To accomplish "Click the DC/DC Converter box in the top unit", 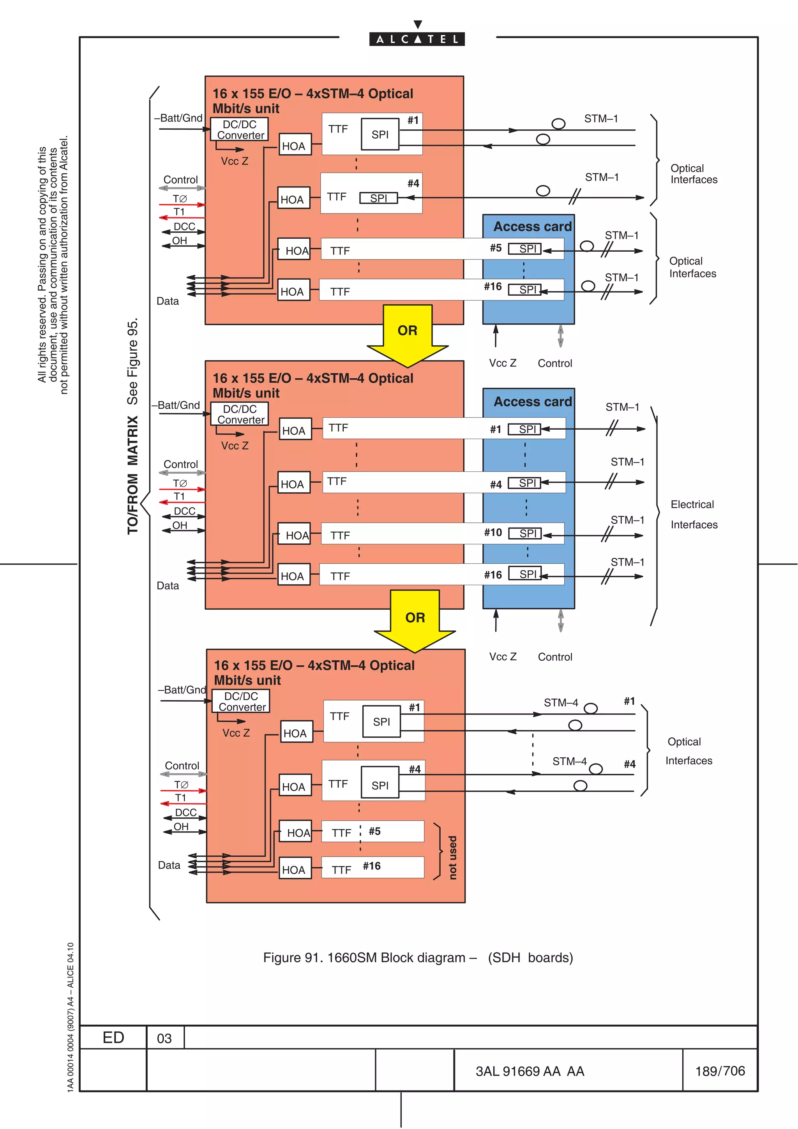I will (x=240, y=129).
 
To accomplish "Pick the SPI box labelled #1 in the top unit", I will (x=380, y=134).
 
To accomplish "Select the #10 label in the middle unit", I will (x=493, y=533).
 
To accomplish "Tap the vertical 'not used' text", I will (x=452, y=857).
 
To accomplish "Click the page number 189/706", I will (x=720, y=1071).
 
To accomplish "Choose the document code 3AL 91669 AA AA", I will (x=530, y=1071).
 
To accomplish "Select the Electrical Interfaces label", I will (x=693, y=514).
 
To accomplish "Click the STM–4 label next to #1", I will (x=561, y=703).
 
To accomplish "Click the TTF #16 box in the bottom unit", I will (x=373, y=868).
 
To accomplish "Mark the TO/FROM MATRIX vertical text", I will (x=133, y=475).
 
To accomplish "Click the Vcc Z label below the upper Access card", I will (x=503, y=363).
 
